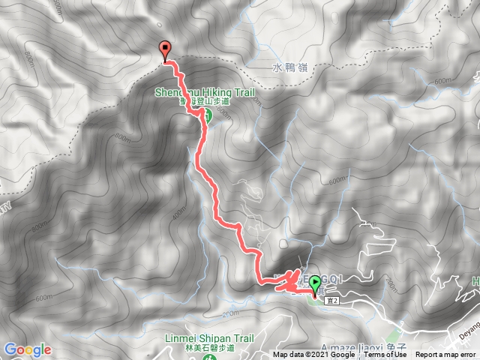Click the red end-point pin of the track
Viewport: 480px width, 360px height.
(164, 50)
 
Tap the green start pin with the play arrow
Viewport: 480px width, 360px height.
(315, 283)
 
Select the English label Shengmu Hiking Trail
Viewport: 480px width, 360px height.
(205, 93)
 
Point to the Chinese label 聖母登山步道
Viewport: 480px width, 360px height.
(205, 103)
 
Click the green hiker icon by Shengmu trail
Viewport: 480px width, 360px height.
(206, 115)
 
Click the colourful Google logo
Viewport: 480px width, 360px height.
(27, 349)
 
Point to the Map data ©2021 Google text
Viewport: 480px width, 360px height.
(313, 355)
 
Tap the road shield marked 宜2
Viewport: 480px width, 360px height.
(333, 300)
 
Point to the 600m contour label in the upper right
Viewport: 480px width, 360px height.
(442, 81)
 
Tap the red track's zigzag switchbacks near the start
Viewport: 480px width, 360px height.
(284, 281)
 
